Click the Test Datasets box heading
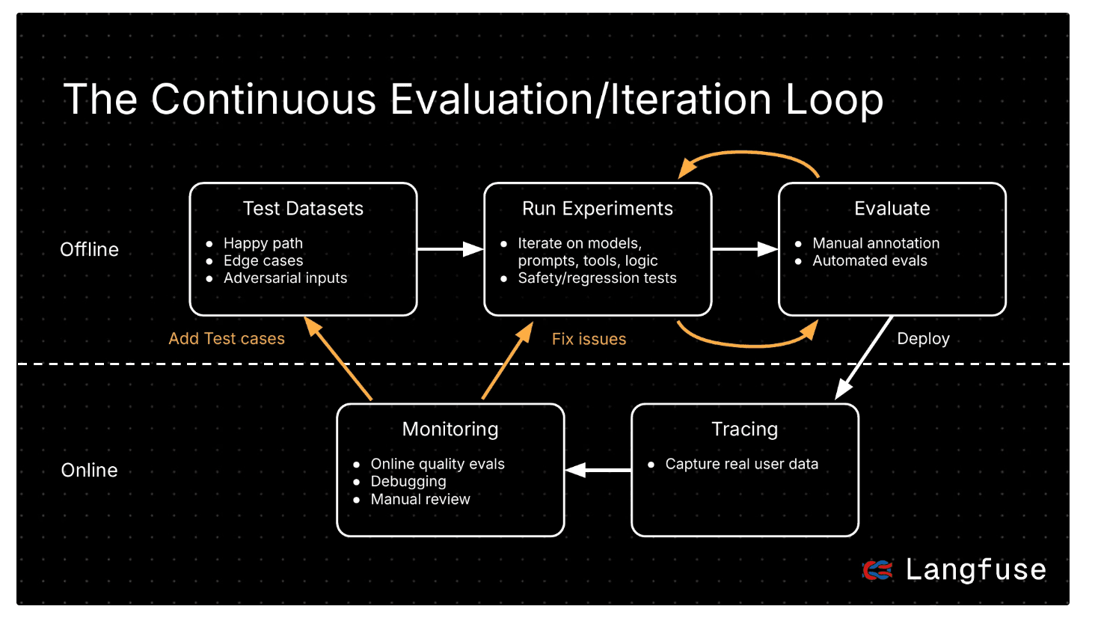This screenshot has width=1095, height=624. pyautogui.click(x=303, y=209)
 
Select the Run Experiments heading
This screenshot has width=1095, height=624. pyautogui.click(x=597, y=209)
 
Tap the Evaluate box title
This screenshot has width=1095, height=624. pyautogui.click(x=892, y=209)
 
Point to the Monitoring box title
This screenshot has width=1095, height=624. pyautogui.click(x=450, y=429)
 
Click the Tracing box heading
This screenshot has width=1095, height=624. pyautogui.click(x=744, y=429)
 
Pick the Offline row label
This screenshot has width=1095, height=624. pyautogui.click(x=89, y=250)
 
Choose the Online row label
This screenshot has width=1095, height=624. pyautogui.click(x=89, y=471)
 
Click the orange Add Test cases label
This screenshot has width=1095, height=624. pyautogui.click(x=227, y=339)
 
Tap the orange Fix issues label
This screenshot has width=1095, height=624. pyautogui.click(x=589, y=340)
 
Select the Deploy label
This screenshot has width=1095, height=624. pyautogui.click(x=923, y=339)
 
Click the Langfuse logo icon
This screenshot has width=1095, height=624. pyautogui.click(x=877, y=570)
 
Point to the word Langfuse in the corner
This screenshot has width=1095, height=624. pyautogui.click(x=975, y=570)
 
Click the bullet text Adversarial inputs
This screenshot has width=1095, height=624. pyautogui.click(x=285, y=278)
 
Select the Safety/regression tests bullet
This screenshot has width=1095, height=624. pyautogui.click(x=597, y=278)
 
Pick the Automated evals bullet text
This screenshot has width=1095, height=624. pyautogui.click(x=869, y=261)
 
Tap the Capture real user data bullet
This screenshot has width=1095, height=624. pyautogui.click(x=741, y=465)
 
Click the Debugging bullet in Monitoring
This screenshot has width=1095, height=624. pyautogui.click(x=408, y=482)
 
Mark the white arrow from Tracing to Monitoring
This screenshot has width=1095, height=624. pyautogui.click(x=598, y=470)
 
